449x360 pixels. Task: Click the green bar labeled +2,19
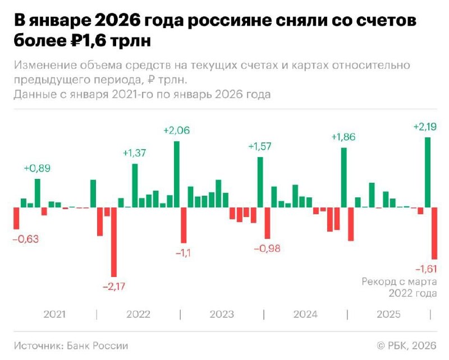[x=428, y=172]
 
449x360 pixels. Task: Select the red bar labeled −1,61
[x=434, y=233]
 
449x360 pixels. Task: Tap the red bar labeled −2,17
[x=114, y=242]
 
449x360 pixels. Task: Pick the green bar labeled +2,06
[x=177, y=174]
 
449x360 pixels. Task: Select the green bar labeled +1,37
[x=135, y=185]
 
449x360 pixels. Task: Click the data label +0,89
[x=37, y=168]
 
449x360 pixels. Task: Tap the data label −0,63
[x=26, y=239]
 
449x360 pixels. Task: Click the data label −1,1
[x=183, y=253]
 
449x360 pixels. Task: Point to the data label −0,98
[x=268, y=248]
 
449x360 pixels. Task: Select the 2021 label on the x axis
[x=54, y=314]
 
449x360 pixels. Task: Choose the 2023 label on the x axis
[x=222, y=314]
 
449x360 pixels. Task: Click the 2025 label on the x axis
[x=388, y=314]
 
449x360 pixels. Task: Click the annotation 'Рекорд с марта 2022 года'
[x=399, y=287]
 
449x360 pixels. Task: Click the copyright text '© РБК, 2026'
[x=406, y=345]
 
